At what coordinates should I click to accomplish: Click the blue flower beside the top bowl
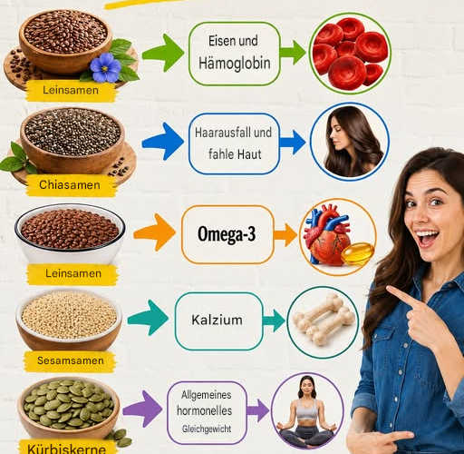(105, 68)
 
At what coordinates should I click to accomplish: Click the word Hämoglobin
(235, 64)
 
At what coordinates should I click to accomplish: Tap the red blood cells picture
(350, 54)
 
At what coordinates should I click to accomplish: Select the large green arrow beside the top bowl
(163, 53)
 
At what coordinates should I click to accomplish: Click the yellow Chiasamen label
(70, 185)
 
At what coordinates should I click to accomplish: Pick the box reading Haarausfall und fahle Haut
(234, 143)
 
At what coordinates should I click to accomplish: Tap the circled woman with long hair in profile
(350, 141)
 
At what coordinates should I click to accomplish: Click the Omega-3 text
(227, 234)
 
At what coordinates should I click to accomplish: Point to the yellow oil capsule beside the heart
(358, 253)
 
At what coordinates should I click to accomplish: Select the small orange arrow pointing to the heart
(285, 235)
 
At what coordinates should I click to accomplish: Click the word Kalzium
(217, 320)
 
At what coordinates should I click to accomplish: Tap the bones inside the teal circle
(324, 318)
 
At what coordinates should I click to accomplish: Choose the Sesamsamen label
(70, 361)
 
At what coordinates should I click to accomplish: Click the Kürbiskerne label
(67, 448)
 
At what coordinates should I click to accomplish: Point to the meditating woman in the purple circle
(307, 411)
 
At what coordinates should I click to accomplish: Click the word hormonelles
(205, 410)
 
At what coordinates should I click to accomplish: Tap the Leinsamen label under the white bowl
(72, 274)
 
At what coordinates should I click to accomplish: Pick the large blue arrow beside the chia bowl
(163, 142)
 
